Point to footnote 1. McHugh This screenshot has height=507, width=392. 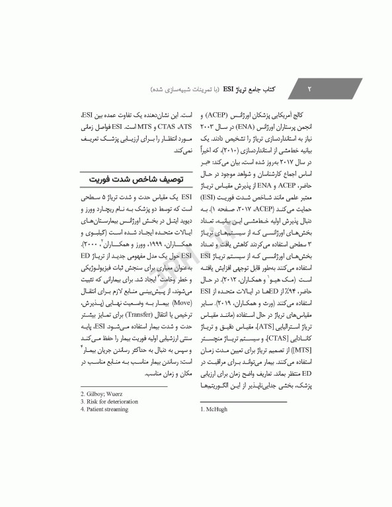(x=214, y=409)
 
